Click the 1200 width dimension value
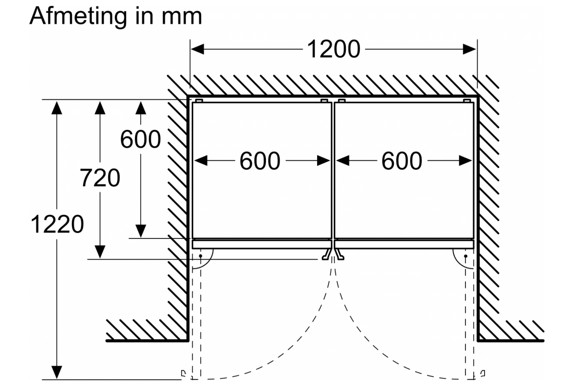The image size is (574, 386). (333, 49)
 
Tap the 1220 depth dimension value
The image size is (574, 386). (57, 225)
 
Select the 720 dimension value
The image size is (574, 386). (99, 178)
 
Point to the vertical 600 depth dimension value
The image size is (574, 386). (140, 139)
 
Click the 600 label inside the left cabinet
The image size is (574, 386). (260, 161)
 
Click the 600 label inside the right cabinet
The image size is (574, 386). (402, 161)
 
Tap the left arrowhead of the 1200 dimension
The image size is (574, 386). (198, 49)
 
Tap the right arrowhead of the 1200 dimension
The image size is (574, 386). (470, 49)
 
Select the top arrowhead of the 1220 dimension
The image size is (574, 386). (57, 107)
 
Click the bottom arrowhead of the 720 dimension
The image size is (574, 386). (99, 251)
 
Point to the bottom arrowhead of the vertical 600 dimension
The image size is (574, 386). (140, 231)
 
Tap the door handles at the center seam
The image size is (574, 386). (333, 255)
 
